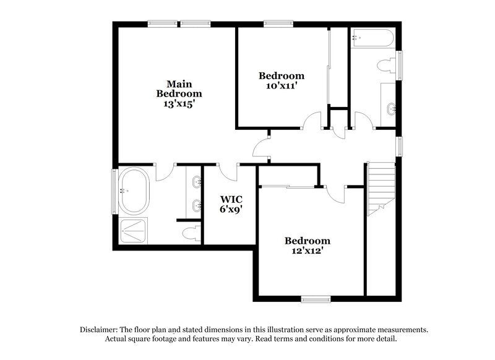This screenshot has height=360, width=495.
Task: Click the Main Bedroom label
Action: point(179,88)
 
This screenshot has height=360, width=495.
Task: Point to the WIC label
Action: point(231,199)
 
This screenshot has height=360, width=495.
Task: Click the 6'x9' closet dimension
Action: point(231,210)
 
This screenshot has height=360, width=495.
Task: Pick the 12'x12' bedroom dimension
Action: point(308,251)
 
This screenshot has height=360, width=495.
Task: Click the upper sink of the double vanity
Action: point(197,182)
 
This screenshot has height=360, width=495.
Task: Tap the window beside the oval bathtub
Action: point(114,191)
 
